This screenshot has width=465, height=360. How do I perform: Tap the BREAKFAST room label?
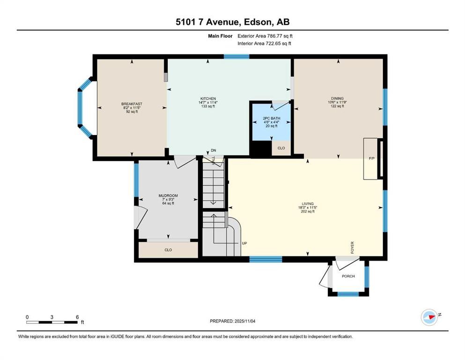(132, 104)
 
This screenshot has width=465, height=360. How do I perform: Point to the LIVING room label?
(307, 203)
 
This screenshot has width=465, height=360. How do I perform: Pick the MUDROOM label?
(168, 195)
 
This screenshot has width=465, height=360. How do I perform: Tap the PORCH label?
(348, 276)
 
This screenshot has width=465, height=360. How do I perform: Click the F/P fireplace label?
(372, 159)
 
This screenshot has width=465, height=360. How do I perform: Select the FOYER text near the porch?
(353, 247)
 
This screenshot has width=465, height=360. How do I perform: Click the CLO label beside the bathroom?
(281, 148)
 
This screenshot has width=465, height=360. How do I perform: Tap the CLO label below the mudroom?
(168, 250)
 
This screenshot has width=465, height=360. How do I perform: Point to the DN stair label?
(214, 150)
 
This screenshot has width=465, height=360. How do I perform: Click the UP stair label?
(244, 243)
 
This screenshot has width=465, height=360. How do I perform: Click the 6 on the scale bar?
(77, 317)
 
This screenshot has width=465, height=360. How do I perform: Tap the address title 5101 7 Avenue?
(232, 22)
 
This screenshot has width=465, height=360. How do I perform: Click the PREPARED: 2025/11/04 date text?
(232, 321)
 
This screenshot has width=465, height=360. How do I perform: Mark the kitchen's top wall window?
(236, 57)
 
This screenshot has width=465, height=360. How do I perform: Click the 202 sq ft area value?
(307, 211)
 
